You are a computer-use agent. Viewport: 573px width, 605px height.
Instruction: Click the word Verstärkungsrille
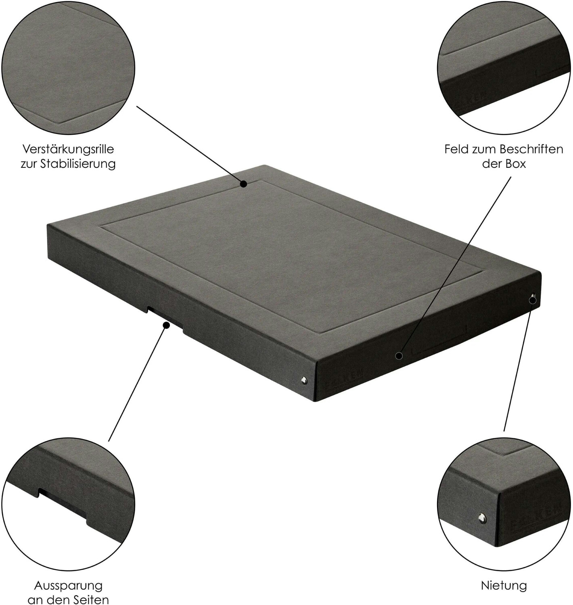click(x=68, y=149)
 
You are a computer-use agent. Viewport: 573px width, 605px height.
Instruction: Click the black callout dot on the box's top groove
click(x=244, y=184)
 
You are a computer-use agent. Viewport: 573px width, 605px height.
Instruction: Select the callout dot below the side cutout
click(x=167, y=325)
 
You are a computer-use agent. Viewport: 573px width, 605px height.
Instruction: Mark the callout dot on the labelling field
click(x=399, y=356)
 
